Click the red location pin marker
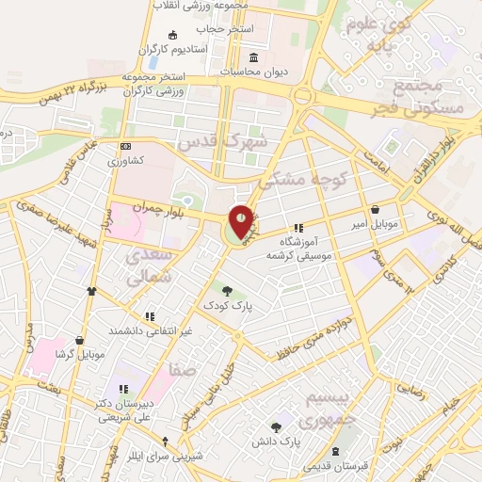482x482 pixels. coord(241,223)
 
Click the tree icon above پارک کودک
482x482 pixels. coord(225,288)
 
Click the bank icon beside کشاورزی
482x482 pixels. coord(126,147)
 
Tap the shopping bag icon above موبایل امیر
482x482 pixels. coord(377,210)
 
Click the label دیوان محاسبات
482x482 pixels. coord(256,71)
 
